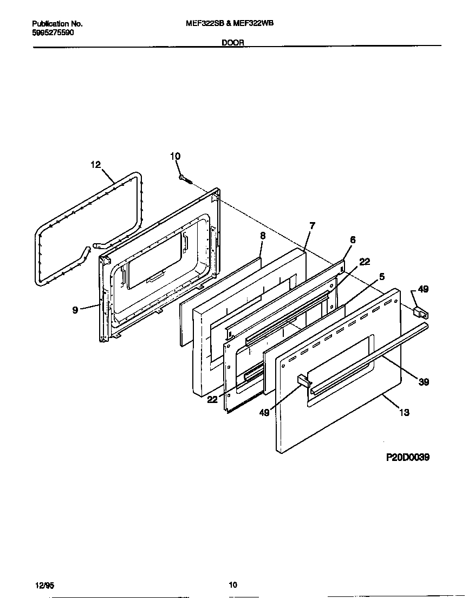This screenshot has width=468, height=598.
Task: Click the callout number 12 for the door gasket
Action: click(96, 165)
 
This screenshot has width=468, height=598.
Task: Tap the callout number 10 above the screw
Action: click(175, 157)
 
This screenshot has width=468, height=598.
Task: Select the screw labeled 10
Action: click(185, 178)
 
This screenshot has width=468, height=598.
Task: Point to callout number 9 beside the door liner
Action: click(76, 309)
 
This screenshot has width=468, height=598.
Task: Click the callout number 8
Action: click(263, 236)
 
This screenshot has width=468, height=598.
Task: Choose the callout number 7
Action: click(312, 225)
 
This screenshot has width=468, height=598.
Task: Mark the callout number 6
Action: click(353, 240)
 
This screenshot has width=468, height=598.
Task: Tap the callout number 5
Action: click(382, 276)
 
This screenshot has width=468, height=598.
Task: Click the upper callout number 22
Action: click(365, 261)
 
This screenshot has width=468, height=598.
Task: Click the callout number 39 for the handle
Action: click(424, 382)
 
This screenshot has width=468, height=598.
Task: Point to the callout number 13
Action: click(404, 412)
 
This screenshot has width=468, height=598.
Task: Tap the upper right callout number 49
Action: click(423, 289)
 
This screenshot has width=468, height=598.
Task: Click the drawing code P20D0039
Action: click(408, 457)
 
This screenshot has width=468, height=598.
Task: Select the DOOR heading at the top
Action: click(233, 42)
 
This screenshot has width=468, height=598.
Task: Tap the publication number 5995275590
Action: click(54, 32)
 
